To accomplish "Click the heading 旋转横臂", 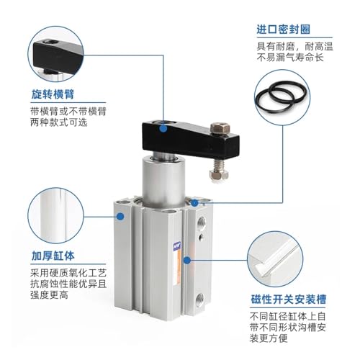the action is click(x=53, y=94).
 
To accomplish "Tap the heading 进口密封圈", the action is click(x=284, y=30).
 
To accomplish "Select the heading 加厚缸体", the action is click(x=53, y=256).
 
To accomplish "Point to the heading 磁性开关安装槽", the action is click(x=289, y=300).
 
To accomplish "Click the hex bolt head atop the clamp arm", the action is click(x=220, y=127).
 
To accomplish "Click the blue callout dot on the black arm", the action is click(x=163, y=128).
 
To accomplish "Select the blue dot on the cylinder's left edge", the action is click(x=120, y=217).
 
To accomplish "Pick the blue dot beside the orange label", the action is click(x=187, y=260).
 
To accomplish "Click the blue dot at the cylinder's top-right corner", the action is click(x=194, y=203).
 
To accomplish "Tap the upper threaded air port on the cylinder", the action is click(x=201, y=222).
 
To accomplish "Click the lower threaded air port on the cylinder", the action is click(x=199, y=299).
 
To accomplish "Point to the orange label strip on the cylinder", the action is click(x=177, y=264).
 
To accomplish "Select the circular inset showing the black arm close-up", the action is click(x=55, y=54).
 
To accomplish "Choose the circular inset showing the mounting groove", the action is click(x=275, y=259).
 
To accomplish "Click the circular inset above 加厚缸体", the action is click(x=55, y=216).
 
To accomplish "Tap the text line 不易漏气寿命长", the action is click(x=290, y=58).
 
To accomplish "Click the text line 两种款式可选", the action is click(x=59, y=122).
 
